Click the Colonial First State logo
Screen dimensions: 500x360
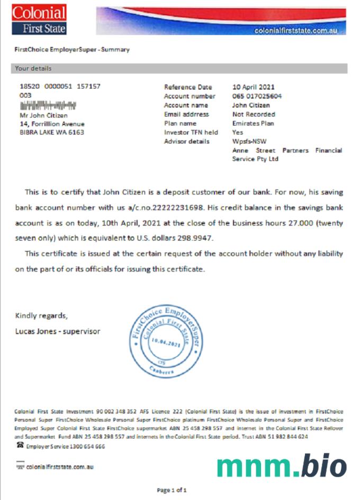[39, 20]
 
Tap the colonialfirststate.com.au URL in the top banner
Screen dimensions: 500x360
[295, 31]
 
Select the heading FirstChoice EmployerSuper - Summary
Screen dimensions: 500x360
[72, 50]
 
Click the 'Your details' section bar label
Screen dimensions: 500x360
[33, 68]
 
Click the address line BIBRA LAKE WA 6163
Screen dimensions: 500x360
[51, 132]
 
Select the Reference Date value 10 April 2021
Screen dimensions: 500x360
[254, 87]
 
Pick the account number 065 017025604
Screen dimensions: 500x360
[257, 96]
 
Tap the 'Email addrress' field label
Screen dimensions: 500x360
[186, 114]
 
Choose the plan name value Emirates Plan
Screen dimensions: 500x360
[253, 123]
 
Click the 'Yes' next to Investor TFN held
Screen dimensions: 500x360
[238, 132]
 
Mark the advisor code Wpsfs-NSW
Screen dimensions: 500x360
[248, 141]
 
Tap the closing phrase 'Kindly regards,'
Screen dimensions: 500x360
[41, 316]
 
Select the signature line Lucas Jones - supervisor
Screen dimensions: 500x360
[58, 332]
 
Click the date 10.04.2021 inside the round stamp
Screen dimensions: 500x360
[165, 343]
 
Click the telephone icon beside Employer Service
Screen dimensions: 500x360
[20, 446]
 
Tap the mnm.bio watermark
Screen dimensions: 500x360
[282, 465]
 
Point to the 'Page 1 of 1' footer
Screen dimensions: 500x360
[172, 490]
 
